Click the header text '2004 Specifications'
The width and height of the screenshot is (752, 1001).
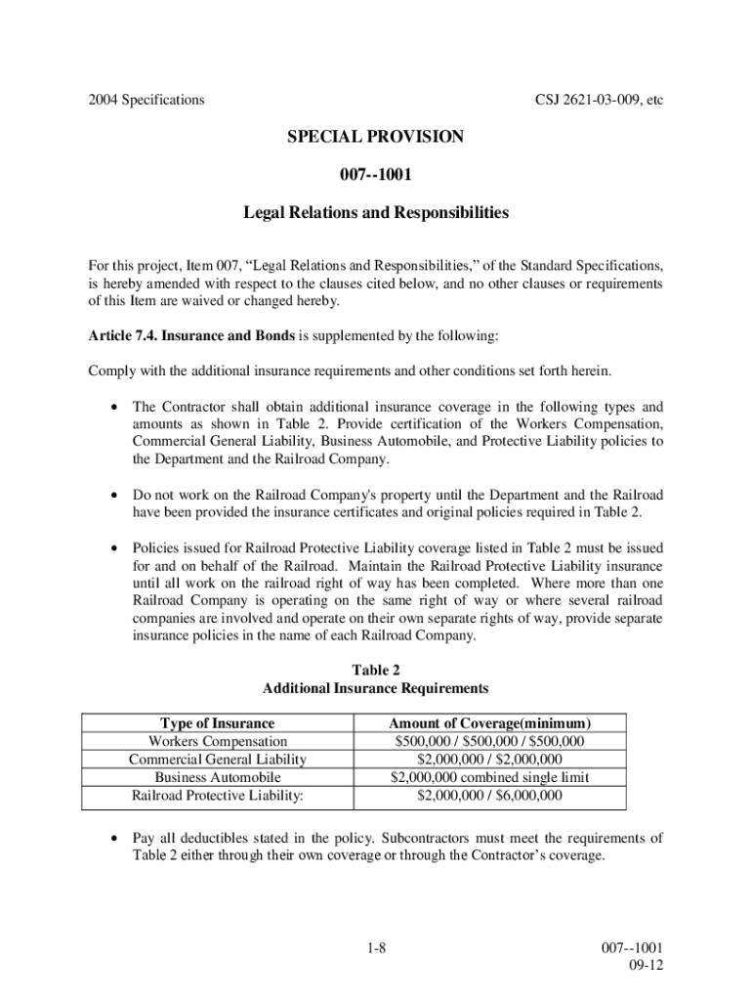tap(146, 100)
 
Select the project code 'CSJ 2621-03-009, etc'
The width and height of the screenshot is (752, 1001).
tap(600, 100)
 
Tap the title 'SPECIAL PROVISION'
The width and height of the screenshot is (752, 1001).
tap(375, 138)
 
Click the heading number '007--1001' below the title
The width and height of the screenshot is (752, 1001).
tap(375, 175)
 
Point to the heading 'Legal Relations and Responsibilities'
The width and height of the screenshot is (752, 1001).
tap(375, 211)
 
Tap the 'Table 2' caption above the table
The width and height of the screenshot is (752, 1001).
tap(376, 670)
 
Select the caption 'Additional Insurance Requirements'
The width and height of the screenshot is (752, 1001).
tap(376, 688)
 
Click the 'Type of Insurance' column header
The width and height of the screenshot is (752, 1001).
tap(218, 723)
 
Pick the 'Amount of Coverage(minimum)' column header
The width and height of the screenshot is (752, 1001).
tap(489, 723)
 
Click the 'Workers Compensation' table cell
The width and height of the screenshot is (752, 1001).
tap(218, 741)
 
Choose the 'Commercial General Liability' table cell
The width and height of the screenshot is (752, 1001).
tap(218, 760)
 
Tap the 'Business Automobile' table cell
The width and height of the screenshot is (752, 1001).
tap(218, 777)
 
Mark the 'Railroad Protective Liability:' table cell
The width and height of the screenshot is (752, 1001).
tap(218, 796)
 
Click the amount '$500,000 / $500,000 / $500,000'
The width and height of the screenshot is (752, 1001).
tap(489, 741)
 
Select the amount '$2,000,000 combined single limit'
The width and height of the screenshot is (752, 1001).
tap(489, 777)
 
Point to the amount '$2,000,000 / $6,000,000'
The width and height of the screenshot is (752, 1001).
tap(489, 796)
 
